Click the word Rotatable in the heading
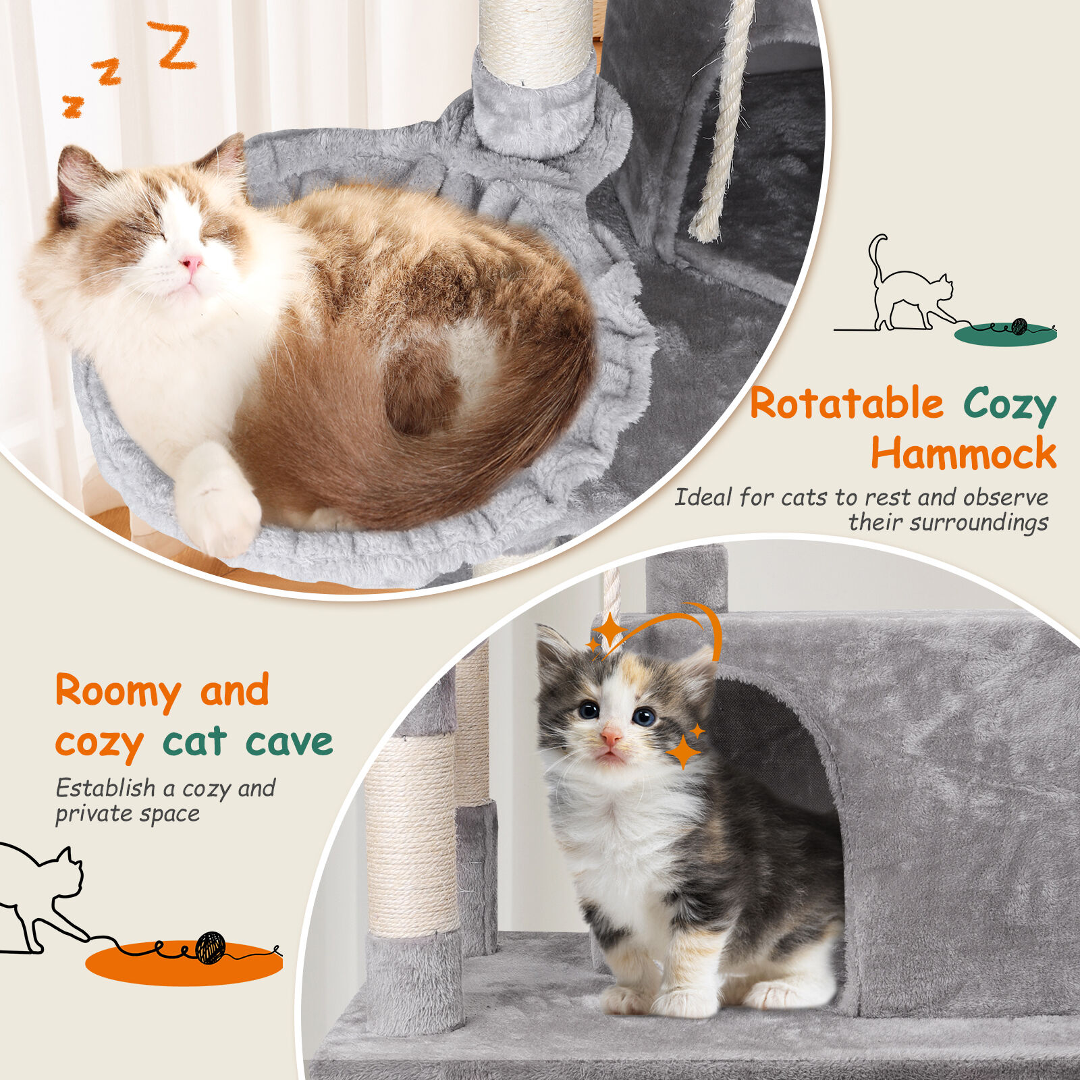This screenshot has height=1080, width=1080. (x=846, y=404)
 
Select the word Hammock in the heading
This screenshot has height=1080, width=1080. (x=963, y=452)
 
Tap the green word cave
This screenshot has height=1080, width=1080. (x=289, y=742)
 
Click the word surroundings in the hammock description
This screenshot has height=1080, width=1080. (x=948, y=522)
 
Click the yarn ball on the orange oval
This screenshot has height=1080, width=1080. (x=210, y=947)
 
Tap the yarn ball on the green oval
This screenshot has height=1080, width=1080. (x=1019, y=327)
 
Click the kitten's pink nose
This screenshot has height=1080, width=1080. (x=610, y=734)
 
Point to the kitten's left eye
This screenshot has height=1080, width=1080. (x=643, y=715)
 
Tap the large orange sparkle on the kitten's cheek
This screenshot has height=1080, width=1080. (x=683, y=751)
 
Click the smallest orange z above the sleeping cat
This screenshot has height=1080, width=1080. (x=72, y=107)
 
